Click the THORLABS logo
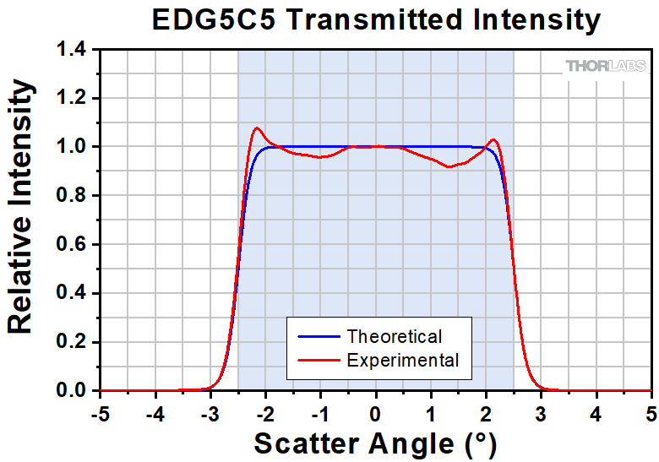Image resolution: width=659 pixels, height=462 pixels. pyautogui.click(x=605, y=66)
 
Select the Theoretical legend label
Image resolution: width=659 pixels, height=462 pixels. pyautogui.click(x=395, y=336)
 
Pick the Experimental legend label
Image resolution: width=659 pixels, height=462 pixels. pyautogui.click(x=403, y=361)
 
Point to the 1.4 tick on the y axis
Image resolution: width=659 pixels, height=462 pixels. pyautogui.click(x=74, y=50)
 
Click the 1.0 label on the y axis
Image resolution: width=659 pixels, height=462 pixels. pyautogui.click(x=74, y=147)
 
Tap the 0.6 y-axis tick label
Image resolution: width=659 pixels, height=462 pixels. pyautogui.click(x=74, y=245)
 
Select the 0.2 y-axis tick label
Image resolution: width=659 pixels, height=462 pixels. pyautogui.click(x=74, y=342)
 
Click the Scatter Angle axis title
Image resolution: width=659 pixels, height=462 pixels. pyautogui.click(x=376, y=443)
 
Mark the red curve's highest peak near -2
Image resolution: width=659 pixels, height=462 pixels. pyautogui.click(x=257, y=128)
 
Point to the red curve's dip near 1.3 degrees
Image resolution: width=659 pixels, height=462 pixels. pyautogui.click(x=449, y=167)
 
